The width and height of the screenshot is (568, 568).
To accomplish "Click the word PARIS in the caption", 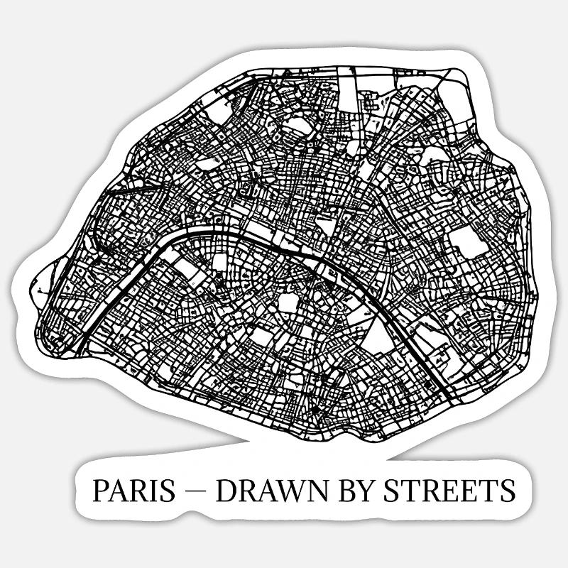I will click(x=133, y=490).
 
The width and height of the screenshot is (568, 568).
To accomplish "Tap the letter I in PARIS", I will click(x=153, y=490).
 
